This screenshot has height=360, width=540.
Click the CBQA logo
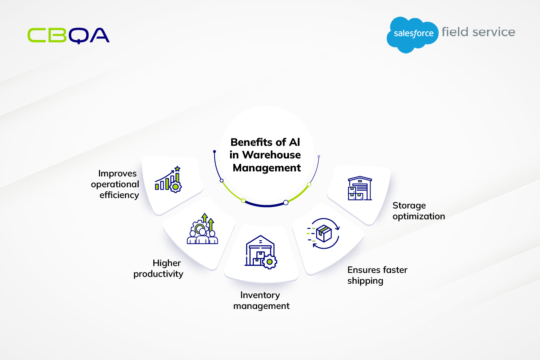coord(68,35)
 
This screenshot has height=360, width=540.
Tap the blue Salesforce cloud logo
coord(413,35)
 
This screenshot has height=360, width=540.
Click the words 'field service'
coord(478,32)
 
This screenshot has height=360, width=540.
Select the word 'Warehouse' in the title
coord(271,155)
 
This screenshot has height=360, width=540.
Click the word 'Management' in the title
coord(267,168)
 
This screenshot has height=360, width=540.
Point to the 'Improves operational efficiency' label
coord(115,184)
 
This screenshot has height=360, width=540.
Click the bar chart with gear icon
coord(168,179)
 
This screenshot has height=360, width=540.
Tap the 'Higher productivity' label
coord(158,268)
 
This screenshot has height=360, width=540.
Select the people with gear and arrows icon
coord(202,229)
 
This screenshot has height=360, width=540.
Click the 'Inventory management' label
coord(261,301)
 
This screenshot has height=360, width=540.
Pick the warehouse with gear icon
coord(261,252)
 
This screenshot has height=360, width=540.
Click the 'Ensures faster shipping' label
coord(377,275)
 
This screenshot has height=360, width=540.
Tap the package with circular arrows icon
coord(323,233)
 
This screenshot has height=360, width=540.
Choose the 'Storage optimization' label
coord(418,211)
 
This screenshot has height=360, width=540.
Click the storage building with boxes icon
coord(360,188)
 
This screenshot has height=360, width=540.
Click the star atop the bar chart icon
coord(177,169)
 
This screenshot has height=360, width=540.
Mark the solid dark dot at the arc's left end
coord(215,152)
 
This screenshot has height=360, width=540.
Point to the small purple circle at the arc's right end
coord(319,157)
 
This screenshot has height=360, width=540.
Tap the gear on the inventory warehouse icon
coord(270,262)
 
